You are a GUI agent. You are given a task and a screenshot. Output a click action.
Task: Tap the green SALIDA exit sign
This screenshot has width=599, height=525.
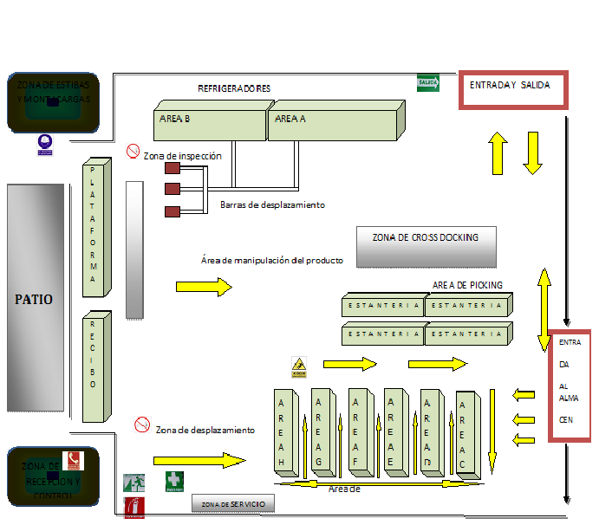coord(428,83)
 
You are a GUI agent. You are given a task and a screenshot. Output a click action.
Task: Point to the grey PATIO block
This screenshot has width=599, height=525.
coord(35,298)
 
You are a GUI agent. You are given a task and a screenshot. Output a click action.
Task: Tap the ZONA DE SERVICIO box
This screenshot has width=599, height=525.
coord(233,504)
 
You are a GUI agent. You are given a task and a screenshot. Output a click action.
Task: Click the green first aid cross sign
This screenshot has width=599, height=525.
coord(174,481)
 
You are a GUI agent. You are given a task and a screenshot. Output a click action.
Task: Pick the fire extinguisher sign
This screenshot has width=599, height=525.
coord(133,507)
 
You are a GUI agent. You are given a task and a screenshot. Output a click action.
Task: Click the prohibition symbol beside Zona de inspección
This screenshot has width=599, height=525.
coord(133,152)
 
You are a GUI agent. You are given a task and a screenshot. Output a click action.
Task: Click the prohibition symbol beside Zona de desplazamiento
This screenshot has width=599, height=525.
coord(142,425)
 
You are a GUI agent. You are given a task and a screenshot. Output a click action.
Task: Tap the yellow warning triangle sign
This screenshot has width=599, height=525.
coord(299,367)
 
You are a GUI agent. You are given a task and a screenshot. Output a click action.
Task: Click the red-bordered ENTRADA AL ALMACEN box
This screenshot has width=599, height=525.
coord(570,386)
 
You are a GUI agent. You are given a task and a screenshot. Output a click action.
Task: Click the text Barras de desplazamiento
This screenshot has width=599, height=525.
coord(272,205)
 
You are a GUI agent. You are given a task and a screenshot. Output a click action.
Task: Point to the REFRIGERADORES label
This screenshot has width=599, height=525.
coord(234,88)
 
